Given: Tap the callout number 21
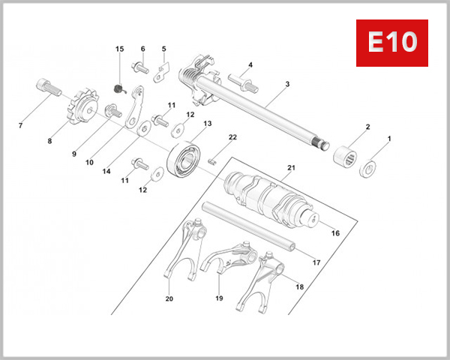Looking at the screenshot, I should [292, 166].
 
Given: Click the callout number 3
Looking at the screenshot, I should [286, 85].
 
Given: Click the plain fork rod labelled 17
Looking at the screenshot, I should [248, 224].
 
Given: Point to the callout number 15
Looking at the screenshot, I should [118, 49].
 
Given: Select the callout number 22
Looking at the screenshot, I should [232, 136].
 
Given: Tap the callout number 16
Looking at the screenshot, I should [335, 233].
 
